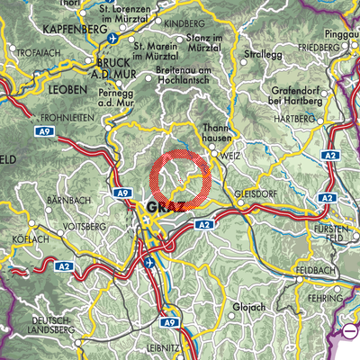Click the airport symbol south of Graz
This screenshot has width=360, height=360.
[x=149, y=263]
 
